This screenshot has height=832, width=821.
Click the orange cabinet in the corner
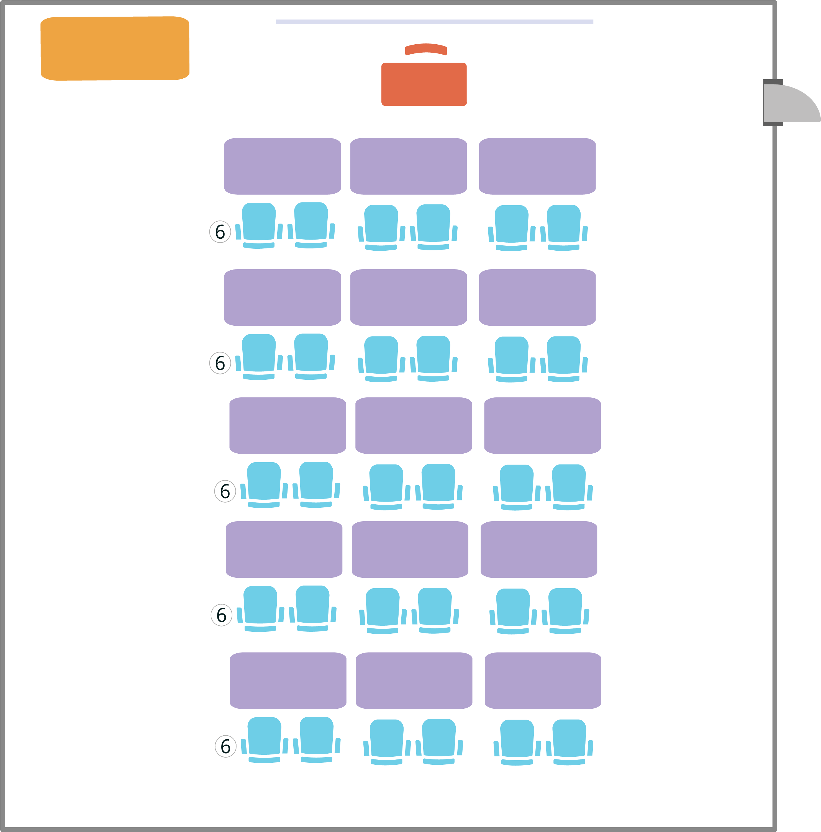coord(115,48)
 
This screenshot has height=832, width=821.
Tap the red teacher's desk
coord(424,84)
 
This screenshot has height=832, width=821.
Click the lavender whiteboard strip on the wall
coord(434,22)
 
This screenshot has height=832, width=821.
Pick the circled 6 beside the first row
coord(220,232)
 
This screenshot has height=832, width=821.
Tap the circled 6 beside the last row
coord(226,746)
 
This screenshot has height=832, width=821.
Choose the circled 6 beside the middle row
coord(225,491)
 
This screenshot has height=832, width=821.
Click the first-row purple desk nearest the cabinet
coord(283,166)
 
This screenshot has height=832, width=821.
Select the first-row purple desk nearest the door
coord(537,166)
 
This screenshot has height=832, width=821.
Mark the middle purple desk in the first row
coord(408,166)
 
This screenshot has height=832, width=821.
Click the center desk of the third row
coord(414,425)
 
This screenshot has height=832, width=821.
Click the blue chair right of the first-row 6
coord(259,225)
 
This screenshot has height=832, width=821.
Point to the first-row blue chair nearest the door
coord(563,227)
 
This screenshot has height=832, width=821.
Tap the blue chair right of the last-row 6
coord(265,739)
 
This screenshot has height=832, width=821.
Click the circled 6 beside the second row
coord(220,363)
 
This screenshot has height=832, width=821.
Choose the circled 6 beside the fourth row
coord(221,615)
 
